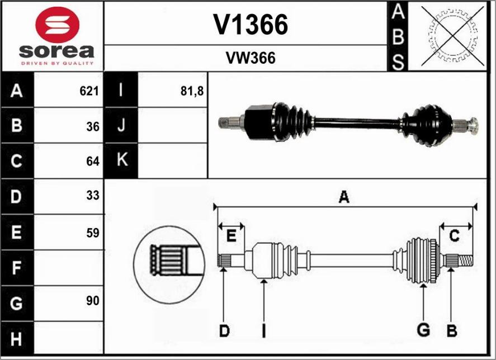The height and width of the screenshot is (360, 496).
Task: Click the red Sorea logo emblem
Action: point(57,25)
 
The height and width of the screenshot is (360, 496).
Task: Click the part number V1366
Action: point(251,25)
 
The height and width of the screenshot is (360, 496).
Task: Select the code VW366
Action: point(251,58)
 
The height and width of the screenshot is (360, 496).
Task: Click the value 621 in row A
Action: point(89,91)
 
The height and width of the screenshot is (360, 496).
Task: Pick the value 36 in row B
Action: point(93,126)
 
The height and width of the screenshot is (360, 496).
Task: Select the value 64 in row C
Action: point(93,162)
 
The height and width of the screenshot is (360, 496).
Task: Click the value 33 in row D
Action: point(93,196)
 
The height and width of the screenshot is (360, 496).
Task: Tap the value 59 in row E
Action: point(93,233)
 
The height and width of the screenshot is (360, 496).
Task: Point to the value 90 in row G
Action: point(93,301)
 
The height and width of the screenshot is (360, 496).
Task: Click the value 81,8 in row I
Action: point(192,91)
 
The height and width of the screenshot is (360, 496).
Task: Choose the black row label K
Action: point(121,160)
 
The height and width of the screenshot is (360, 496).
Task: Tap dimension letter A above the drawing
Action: point(344,197)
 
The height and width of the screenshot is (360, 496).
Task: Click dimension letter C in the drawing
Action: point(455,236)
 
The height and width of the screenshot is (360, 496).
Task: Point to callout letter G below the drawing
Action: point(423,330)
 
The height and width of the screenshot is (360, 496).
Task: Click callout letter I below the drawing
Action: point(263,331)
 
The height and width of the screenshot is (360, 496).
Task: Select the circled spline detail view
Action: point(166,262)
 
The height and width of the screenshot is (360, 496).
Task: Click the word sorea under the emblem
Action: point(56,52)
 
